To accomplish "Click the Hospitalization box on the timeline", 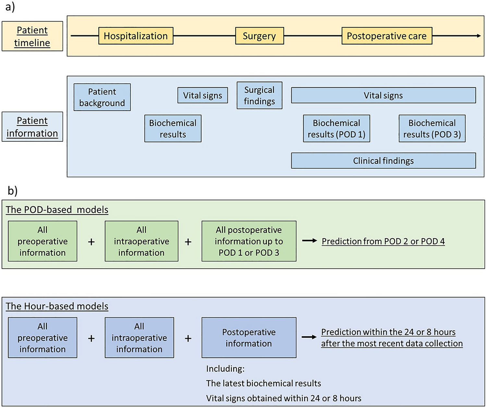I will pos(136,36).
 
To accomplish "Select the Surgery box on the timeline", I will pos(259,36).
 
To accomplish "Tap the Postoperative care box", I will pos(386,36).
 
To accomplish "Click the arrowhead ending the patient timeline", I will pos(479,36).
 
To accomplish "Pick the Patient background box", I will pos(102,97).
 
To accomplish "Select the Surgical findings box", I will pos(259,95).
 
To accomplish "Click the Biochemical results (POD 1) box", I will pos(336,128).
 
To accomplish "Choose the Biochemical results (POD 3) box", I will pos(432,128).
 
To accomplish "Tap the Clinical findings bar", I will pos(383,161).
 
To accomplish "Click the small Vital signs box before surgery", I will pos(202,95).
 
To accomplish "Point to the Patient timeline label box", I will pos(32,36).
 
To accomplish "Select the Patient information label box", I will pos(32,127).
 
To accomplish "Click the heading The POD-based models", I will pos(57,210).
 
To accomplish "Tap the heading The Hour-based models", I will pos(57,306).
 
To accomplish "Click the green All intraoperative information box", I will pos(141,241).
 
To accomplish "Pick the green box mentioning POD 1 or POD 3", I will pos(249,241).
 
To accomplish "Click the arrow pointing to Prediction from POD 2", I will pos(309,241).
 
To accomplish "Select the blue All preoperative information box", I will pos(43,338).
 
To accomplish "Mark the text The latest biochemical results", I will pos(263,383).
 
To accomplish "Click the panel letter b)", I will pos(12,191).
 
